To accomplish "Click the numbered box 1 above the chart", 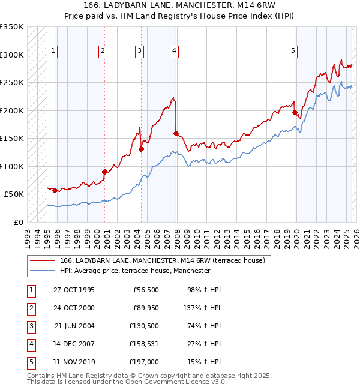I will (x=53, y=51).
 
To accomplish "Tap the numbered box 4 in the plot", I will (x=174, y=51).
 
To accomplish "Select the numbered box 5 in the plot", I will (x=293, y=51).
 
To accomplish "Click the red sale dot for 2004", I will (x=141, y=149).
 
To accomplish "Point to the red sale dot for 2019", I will (x=295, y=112).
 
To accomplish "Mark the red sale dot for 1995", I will (x=55, y=191).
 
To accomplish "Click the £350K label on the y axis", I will (x=12, y=27).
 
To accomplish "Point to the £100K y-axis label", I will (x=12, y=166).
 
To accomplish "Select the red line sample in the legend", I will (x=43, y=260).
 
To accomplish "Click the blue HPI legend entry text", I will (x=135, y=271).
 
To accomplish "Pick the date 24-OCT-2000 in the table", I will (x=74, y=308).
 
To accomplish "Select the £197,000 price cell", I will (x=142, y=362).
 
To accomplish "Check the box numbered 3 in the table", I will (x=30, y=326).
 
